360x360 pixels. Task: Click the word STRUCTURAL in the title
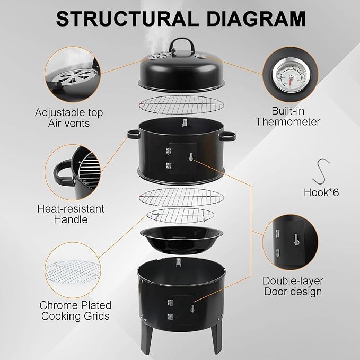pos(127,19)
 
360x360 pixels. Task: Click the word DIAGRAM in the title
pos(256,19)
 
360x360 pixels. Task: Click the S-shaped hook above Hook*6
pos(321,171)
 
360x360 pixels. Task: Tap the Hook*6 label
pos(321,192)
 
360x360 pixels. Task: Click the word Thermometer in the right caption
pos(288,122)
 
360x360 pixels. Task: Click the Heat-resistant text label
pos(71,209)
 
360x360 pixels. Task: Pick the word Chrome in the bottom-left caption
pos(58,305)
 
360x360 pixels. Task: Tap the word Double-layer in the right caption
pos(293,281)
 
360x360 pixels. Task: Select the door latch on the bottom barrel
pos(192,309)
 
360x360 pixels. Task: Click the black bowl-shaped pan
pos(181,240)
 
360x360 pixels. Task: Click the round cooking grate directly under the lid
pos(181,105)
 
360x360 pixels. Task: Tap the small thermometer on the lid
pos(201,56)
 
